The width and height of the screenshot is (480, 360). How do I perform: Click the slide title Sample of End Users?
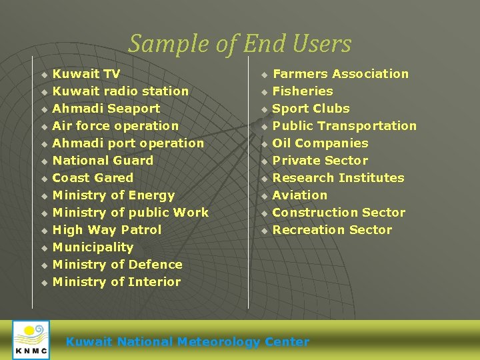pyautogui.click(x=239, y=44)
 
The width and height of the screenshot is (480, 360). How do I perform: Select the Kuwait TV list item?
pyautogui.click(x=86, y=74)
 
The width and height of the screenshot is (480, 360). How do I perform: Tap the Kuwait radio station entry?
pyautogui.click(x=120, y=91)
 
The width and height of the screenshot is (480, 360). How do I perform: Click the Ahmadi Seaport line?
pyautogui.click(x=106, y=109)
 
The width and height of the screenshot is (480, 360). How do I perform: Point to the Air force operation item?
pyautogui.click(x=115, y=126)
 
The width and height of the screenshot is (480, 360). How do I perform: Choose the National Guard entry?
pyautogui.click(x=103, y=161)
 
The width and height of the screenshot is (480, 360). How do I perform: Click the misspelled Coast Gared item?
pyautogui.click(x=93, y=178)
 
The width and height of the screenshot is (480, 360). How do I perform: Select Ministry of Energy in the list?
pyautogui.click(x=113, y=195)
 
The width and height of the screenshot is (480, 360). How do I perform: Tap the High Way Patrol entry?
pyautogui.click(x=107, y=230)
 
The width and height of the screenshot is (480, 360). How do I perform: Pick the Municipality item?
pyautogui.click(x=93, y=247)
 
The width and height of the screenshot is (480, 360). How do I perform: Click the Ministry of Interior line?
pyautogui.click(x=117, y=282)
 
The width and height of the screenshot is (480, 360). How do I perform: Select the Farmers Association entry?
pyautogui.click(x=340, y=74)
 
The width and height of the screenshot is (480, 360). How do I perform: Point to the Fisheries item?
pyautogui.click(x=303, y=91)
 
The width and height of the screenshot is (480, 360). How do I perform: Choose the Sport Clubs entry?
pyautogui.click(x=311, y=109)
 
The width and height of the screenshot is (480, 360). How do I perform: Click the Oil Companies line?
pyautogui.click(x=320, y=143)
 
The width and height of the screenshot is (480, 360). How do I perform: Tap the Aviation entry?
pyautogui.click(x=300, y=195)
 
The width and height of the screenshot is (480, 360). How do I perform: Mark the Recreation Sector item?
pyautogui.click(x=332, y=230)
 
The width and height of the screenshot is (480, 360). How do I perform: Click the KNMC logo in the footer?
pyautogui.click(x=31, y=340)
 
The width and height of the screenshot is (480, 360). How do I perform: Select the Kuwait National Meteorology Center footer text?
pyautogui.click(x=187, y=342)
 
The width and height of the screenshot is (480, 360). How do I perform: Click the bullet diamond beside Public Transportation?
pyautogui.click(x=264, y=127)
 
